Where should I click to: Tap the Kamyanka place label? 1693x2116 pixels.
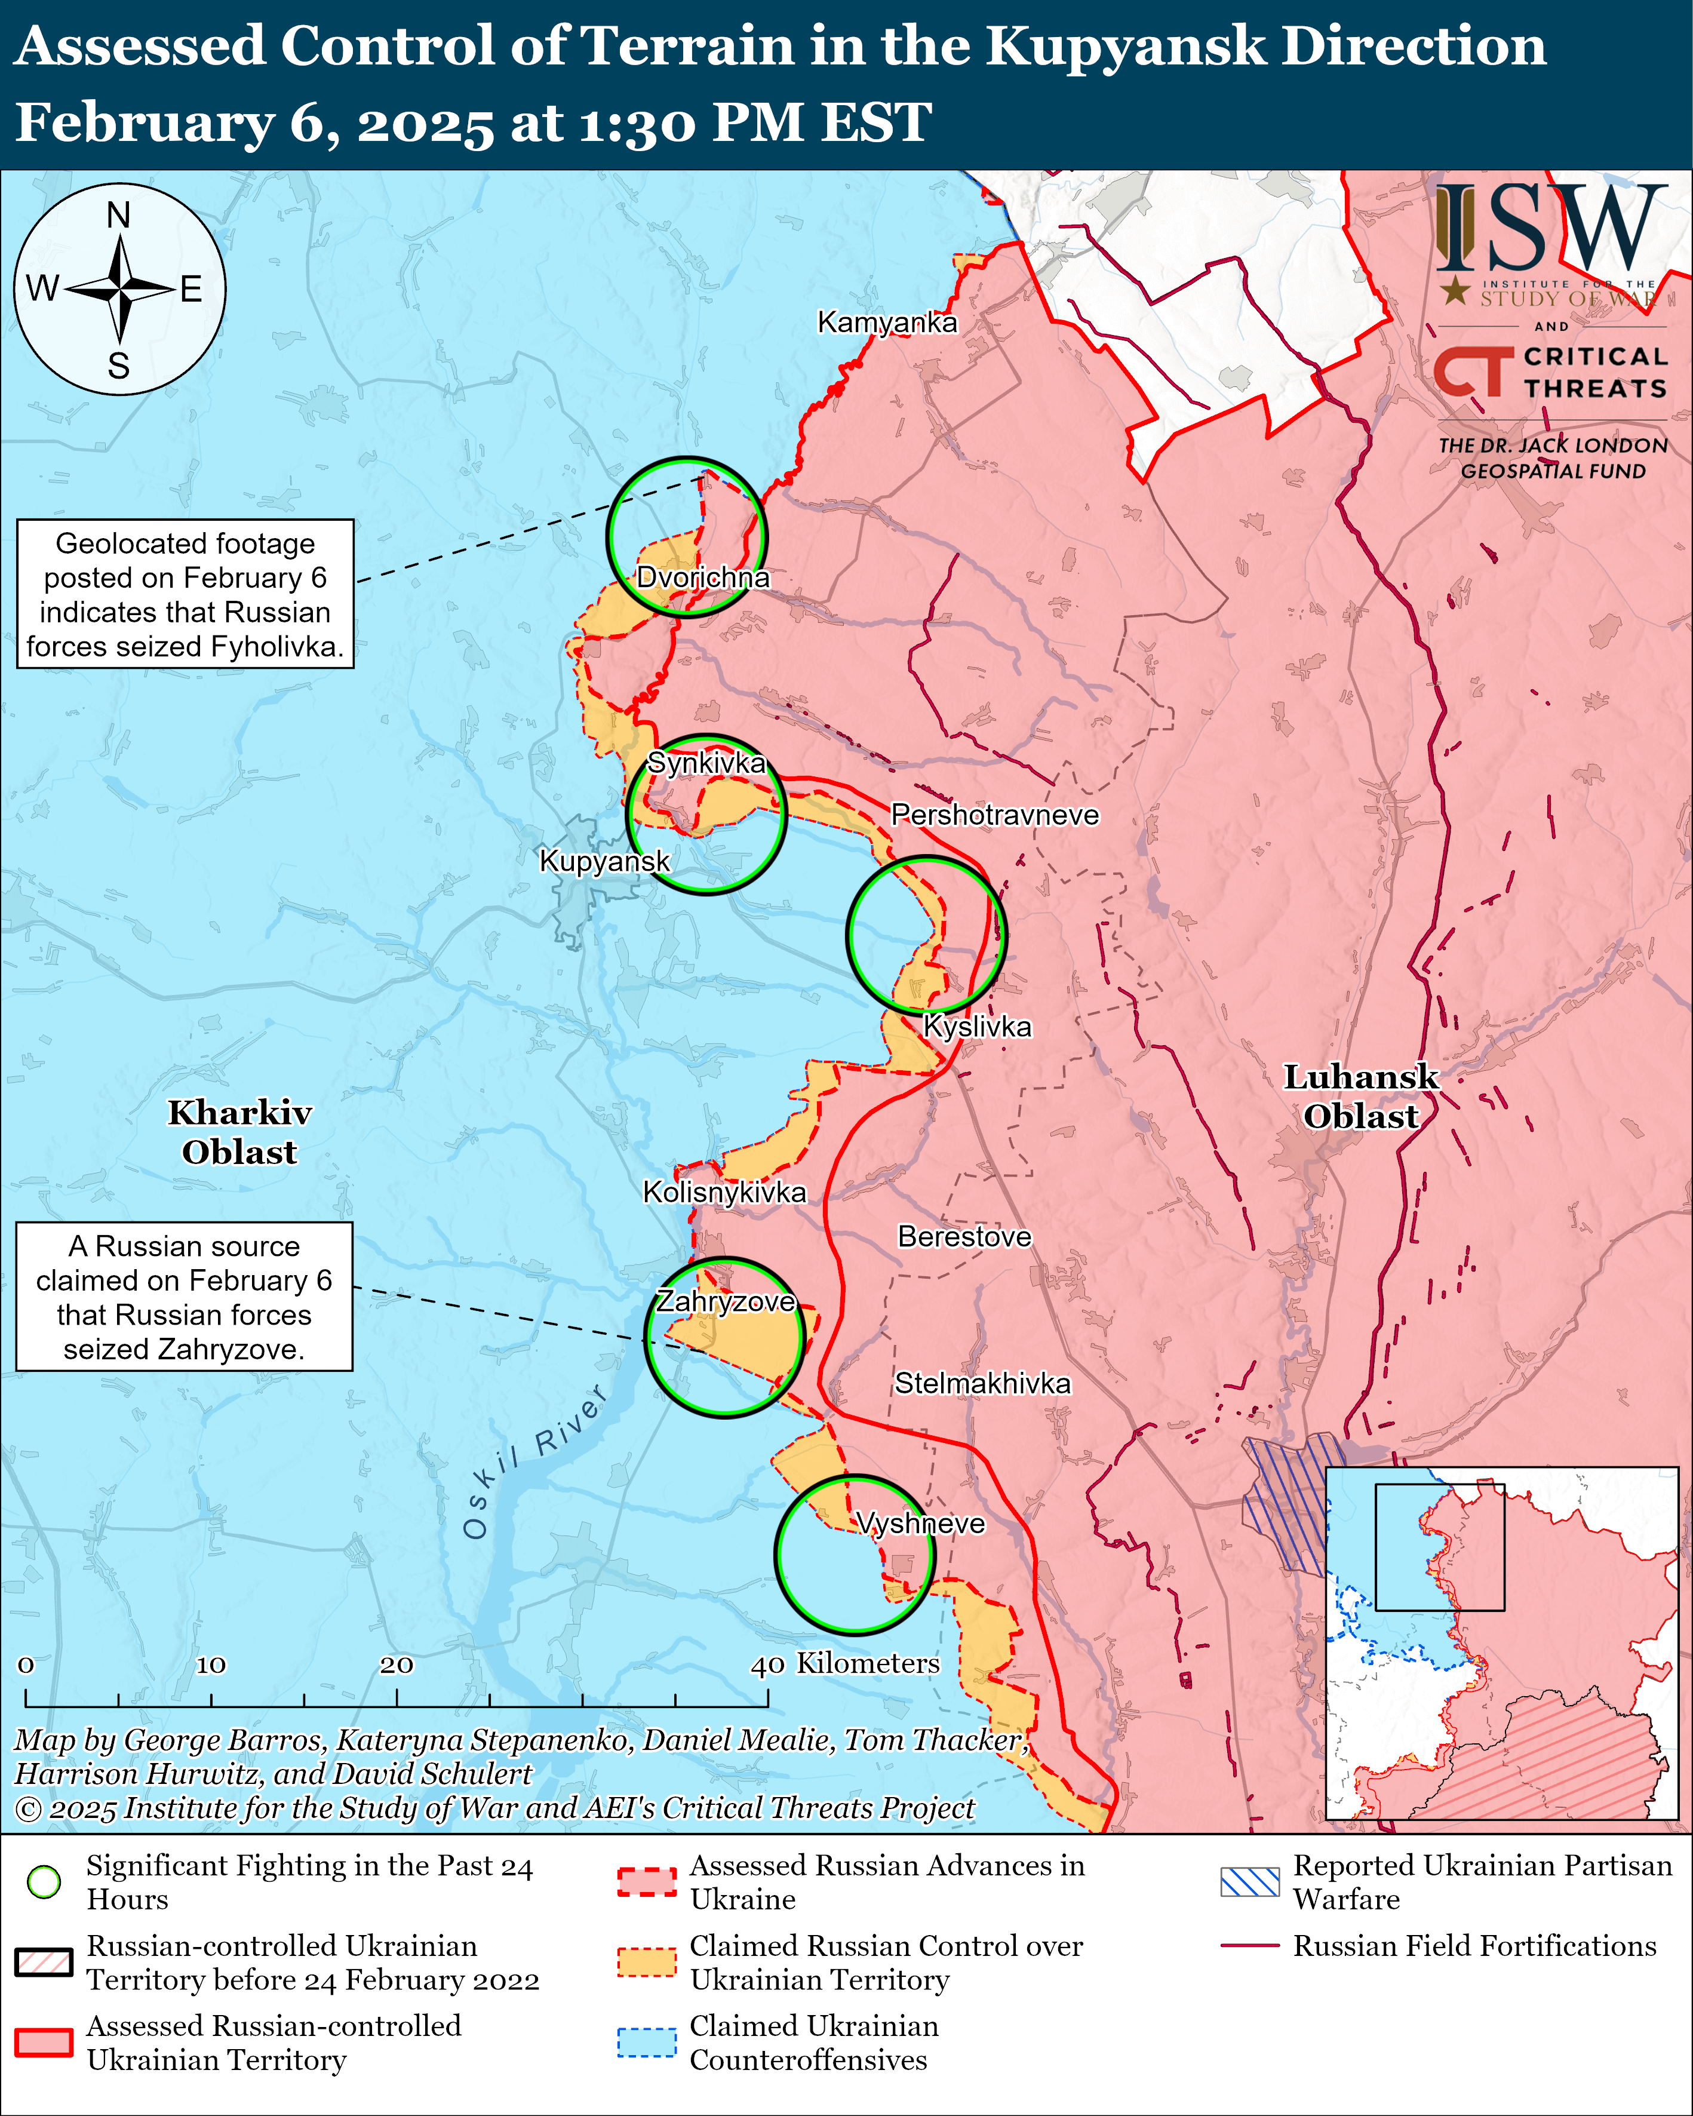tap(887, 322)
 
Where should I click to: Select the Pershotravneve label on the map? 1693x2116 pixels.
tap(994, 815)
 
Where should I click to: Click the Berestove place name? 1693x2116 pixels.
tap(964, 1237)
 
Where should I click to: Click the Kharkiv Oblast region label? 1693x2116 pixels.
tap(239, 1132)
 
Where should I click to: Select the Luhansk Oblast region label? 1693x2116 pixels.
tap(1360, 1097)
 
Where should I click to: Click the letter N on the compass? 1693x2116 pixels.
tap(119, 215)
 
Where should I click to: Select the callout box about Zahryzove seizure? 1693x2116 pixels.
tap(185, 1297)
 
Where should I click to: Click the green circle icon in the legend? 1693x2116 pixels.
tap(44, 1881)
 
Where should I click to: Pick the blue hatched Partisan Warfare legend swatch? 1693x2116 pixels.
tap(1249, 1881)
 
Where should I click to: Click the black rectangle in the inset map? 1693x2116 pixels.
tap(1439, 1547)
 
